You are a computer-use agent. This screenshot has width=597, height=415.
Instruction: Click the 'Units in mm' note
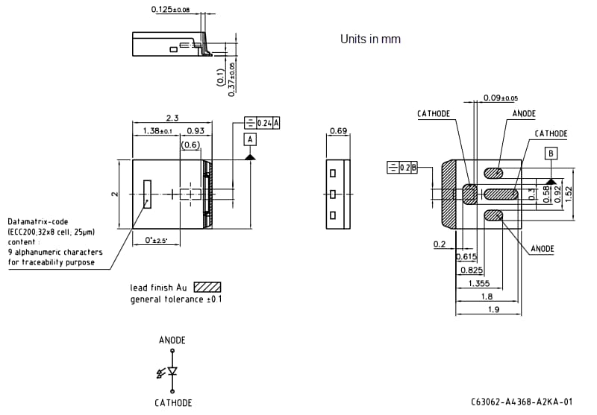pos(370,39)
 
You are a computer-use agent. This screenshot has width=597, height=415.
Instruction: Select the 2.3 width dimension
pos(172,118)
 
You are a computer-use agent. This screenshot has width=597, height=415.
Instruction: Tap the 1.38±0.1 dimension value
pos(153,131)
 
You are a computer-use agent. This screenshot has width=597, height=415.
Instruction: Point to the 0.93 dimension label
pos(196,131)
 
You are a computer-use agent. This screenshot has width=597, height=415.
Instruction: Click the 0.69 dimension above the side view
pos(338,132)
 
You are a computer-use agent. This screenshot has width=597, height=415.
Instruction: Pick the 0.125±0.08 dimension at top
pos(170,10)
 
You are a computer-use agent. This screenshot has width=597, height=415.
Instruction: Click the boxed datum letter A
pos(250,139)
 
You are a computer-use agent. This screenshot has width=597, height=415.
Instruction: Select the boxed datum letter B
pos(551,153)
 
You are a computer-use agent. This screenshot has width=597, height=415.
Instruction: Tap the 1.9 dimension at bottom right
pos(493,309)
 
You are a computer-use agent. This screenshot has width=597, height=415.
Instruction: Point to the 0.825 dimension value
pos(470,270)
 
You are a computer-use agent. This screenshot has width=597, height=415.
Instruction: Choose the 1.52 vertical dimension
pos(569,193)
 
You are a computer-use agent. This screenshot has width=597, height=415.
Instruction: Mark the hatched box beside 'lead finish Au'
pos(207,287)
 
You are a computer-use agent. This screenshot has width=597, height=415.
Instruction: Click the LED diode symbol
pos(172,370)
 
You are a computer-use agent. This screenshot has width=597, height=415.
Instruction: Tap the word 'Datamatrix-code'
pos(38,222)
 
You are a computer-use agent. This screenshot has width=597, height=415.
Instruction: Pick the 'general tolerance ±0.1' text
pos(176,300)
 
